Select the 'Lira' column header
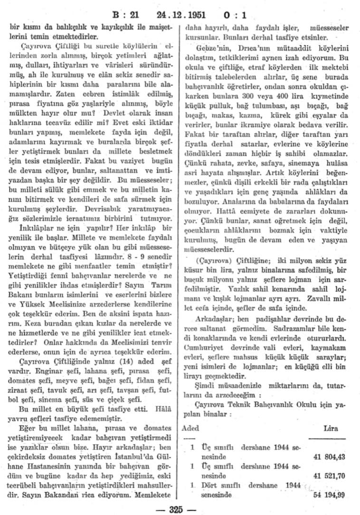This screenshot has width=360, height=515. point(330,428)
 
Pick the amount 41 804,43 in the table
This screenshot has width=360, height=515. point(329,457)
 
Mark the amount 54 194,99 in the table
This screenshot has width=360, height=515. point(329,495)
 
